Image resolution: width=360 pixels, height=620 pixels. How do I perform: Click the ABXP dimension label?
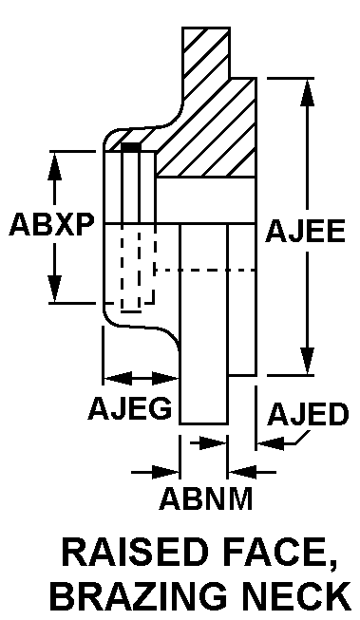pyautogui.click(x=52, y=225)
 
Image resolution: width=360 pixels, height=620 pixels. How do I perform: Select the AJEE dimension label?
pyautogui.click(x=306, y=231)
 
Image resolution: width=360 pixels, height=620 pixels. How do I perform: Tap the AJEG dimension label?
pyautogui.click(x=130, y=407)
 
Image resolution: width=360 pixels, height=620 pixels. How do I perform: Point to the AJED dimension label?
pyautogui.click(x=308, y=414)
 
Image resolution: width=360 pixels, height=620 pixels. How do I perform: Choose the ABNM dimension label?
pyautogui.click(x=206, y=498)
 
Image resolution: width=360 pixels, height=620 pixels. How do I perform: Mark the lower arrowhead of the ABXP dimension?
pyautogui.click(x=54, y=289)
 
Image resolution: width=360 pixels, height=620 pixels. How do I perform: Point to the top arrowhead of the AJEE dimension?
pyautogui.click(x=307, y=92)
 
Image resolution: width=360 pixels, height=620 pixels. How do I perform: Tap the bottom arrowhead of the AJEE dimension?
pyautogui.click(x=307, y=361)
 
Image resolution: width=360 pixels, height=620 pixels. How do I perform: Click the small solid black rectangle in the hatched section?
pyautogui.click(x=131, y=147)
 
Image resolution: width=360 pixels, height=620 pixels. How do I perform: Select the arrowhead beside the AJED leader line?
pyautogui.click(x=271, y=442)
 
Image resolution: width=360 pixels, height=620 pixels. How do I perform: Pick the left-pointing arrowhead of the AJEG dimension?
pyautogui.click(x=117, y=379)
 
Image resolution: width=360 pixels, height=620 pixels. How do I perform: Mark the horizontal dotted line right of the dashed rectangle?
pyautogui.click(x=205, y=271)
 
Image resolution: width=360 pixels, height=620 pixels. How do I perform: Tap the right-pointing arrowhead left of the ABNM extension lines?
pyautogui.click(x=165, y=472)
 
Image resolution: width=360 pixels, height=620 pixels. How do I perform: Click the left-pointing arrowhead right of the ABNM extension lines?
pyautogui.click(x=242, y=472)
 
